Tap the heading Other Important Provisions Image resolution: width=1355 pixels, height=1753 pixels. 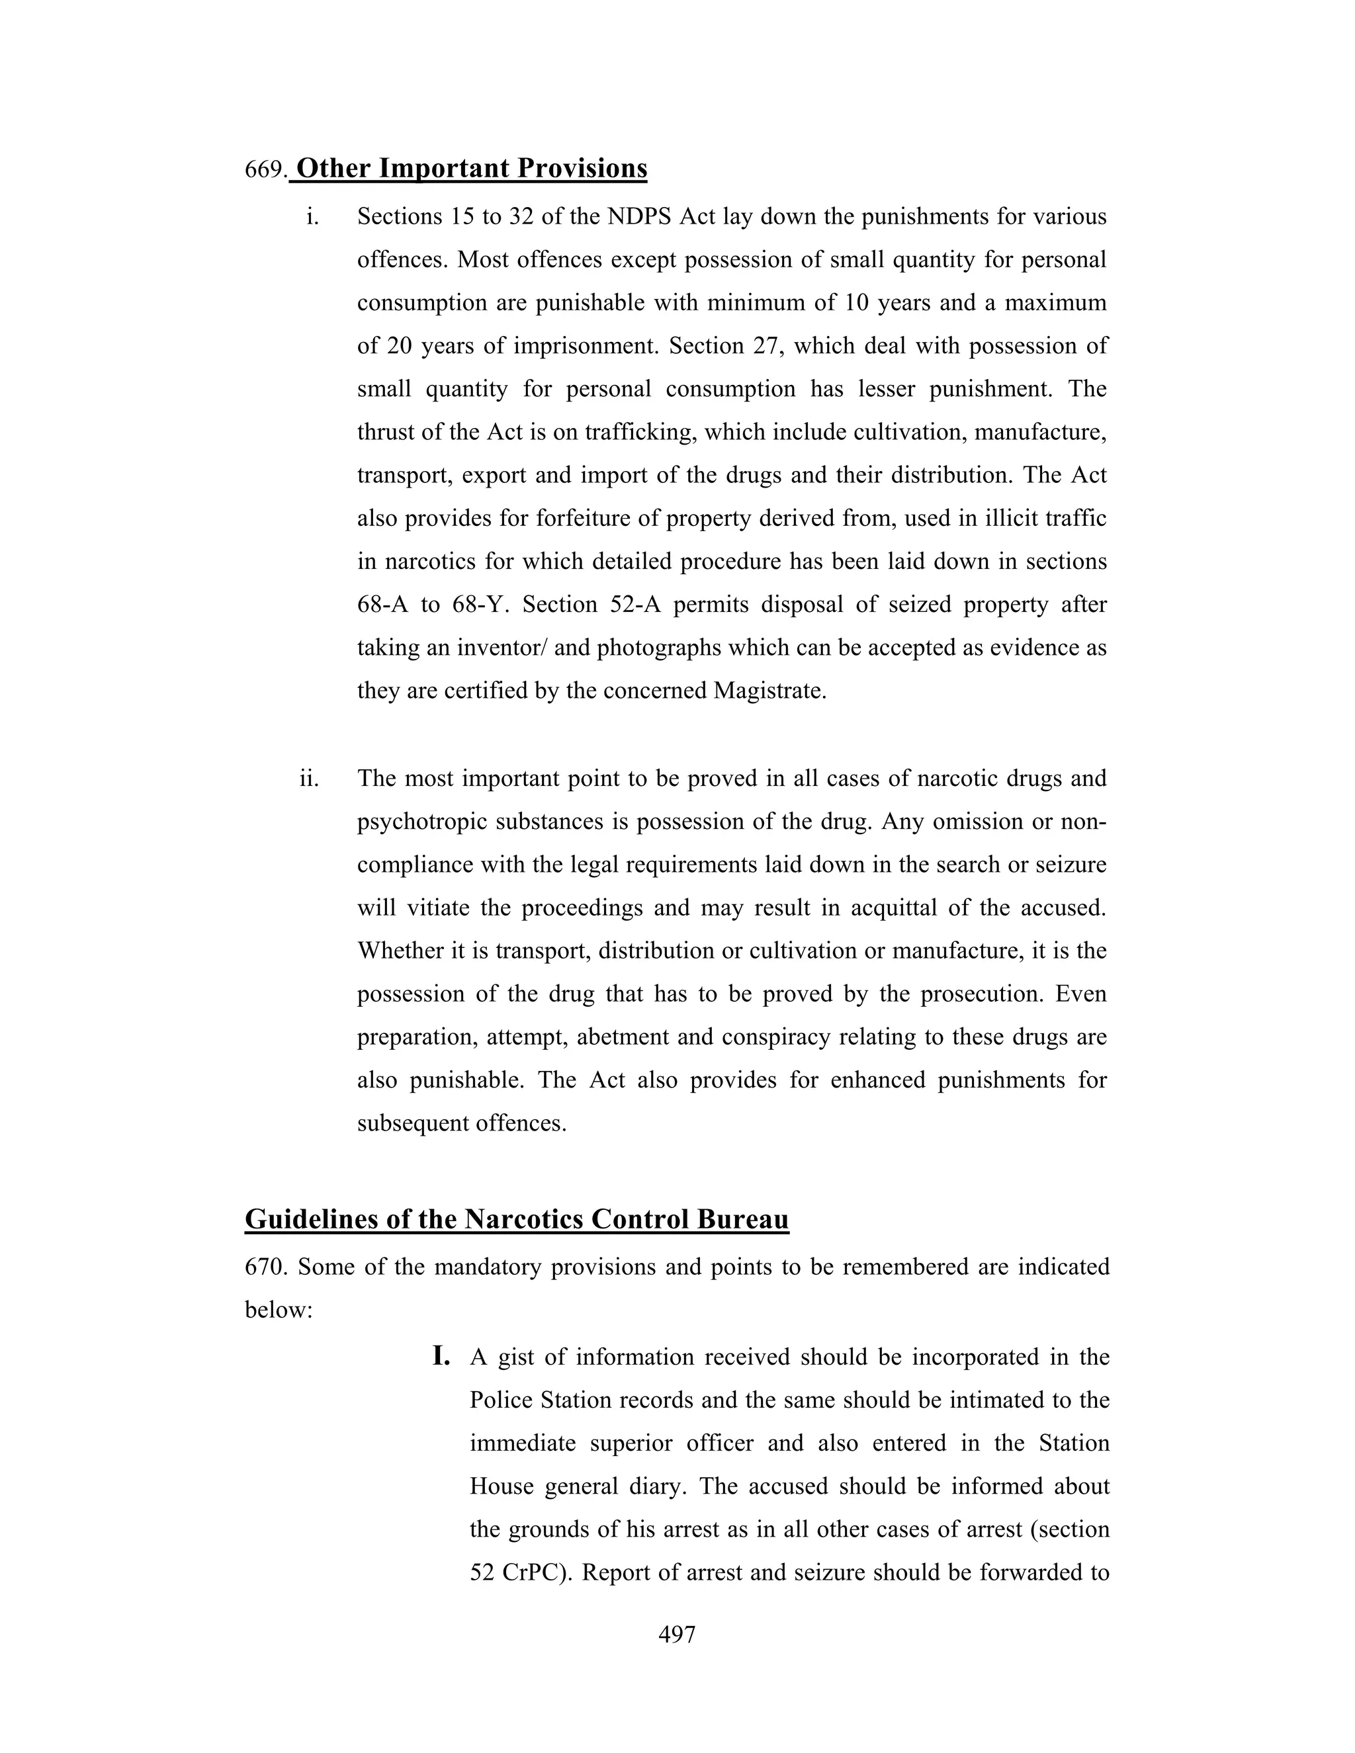[x=471, y=169]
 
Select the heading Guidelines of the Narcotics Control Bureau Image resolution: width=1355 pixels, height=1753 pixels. [x=516, y=1219]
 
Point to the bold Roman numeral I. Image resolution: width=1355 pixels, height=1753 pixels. [x=441, y=1357]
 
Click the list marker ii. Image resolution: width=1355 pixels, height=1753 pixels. [x=309, y=779]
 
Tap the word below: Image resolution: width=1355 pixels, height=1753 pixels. [x=278, y=1310]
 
